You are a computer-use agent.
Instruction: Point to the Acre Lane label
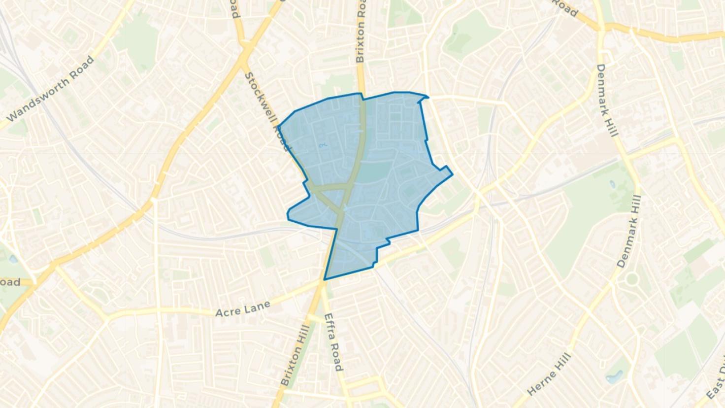click(x=243, y=309)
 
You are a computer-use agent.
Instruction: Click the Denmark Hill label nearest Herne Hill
click(x=630, y=232)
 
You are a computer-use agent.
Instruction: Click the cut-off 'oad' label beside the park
click(x=10, y=282)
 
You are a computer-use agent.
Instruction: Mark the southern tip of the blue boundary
click(x=324, y=280)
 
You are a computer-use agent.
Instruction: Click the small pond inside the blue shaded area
click(x=323, y=145)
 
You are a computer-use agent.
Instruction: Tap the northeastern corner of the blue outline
click(x=427, y=97)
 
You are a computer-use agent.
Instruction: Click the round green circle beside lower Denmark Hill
click(x=631, y=279)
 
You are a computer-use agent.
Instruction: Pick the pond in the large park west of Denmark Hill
click(x=612, y=184)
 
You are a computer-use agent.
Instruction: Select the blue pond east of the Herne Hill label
click(x=614, y=378)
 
